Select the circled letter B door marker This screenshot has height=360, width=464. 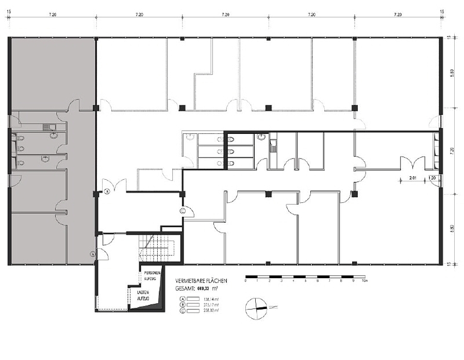107,191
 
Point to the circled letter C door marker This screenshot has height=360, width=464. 183,211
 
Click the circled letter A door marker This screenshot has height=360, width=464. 93,253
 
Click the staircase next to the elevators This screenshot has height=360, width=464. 157,247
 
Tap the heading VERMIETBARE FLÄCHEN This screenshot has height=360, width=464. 201,281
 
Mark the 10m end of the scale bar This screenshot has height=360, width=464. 364,281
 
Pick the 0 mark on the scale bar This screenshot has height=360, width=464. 246,281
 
